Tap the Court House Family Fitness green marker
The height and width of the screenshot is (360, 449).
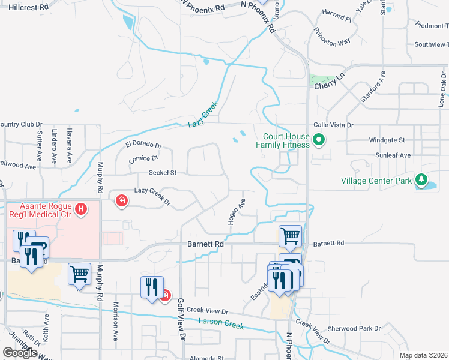[x=319, y=142]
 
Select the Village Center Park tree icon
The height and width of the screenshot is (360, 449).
[x=421, y=180]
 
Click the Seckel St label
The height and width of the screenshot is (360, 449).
[x=163, y=173]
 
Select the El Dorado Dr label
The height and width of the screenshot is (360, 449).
[x=144, y=145]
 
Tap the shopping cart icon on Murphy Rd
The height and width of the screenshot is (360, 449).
[x=79, y=274]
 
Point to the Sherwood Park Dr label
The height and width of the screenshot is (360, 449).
[x=354, y=329]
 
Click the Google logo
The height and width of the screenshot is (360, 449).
[x=20, y=353]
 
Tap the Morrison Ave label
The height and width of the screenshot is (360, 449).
[x=116, y=326]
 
